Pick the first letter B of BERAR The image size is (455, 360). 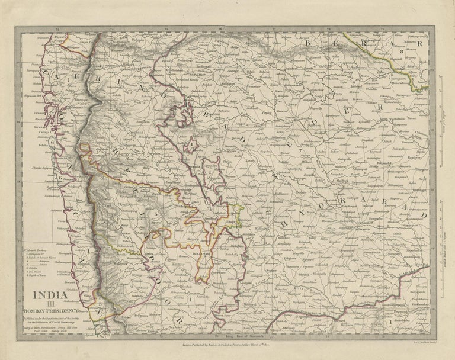[x=308, y=42]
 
